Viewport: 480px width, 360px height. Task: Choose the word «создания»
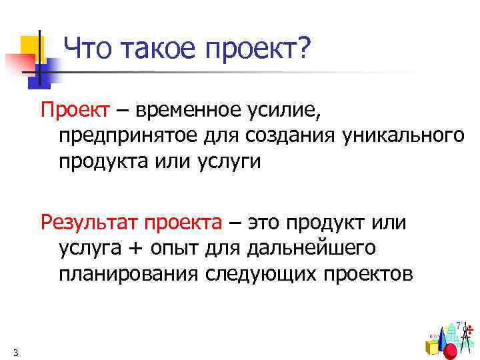pos(291,136)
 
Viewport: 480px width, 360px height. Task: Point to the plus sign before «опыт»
pos(135,247)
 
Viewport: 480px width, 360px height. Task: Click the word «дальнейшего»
pos(312,247)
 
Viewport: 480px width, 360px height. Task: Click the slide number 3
pos(15,352)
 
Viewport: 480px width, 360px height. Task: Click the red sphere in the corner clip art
pos(451,351)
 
